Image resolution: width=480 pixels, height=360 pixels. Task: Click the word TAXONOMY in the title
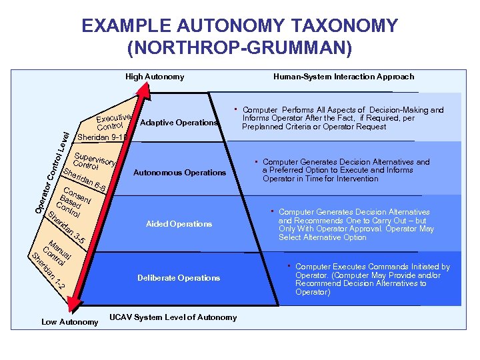345,27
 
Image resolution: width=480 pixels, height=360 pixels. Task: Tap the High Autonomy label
155,77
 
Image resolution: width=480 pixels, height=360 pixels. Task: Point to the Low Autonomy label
70,322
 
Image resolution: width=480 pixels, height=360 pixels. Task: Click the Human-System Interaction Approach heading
343,77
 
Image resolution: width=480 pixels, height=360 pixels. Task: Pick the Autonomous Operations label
179,173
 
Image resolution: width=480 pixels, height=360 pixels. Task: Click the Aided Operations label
179,224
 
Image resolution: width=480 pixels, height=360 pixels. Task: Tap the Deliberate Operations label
179,278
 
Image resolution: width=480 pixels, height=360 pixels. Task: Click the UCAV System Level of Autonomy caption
173,317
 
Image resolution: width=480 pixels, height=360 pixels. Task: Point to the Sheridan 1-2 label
50,273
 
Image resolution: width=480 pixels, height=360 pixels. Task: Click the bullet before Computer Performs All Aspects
235,108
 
